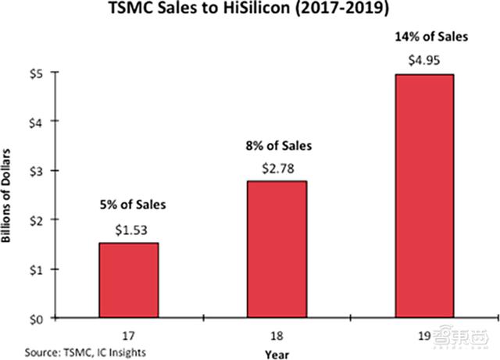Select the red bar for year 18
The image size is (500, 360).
276,249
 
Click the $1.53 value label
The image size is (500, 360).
128,230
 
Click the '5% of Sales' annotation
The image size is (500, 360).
128,206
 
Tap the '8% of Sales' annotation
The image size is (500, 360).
276,144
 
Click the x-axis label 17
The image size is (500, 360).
128,331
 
